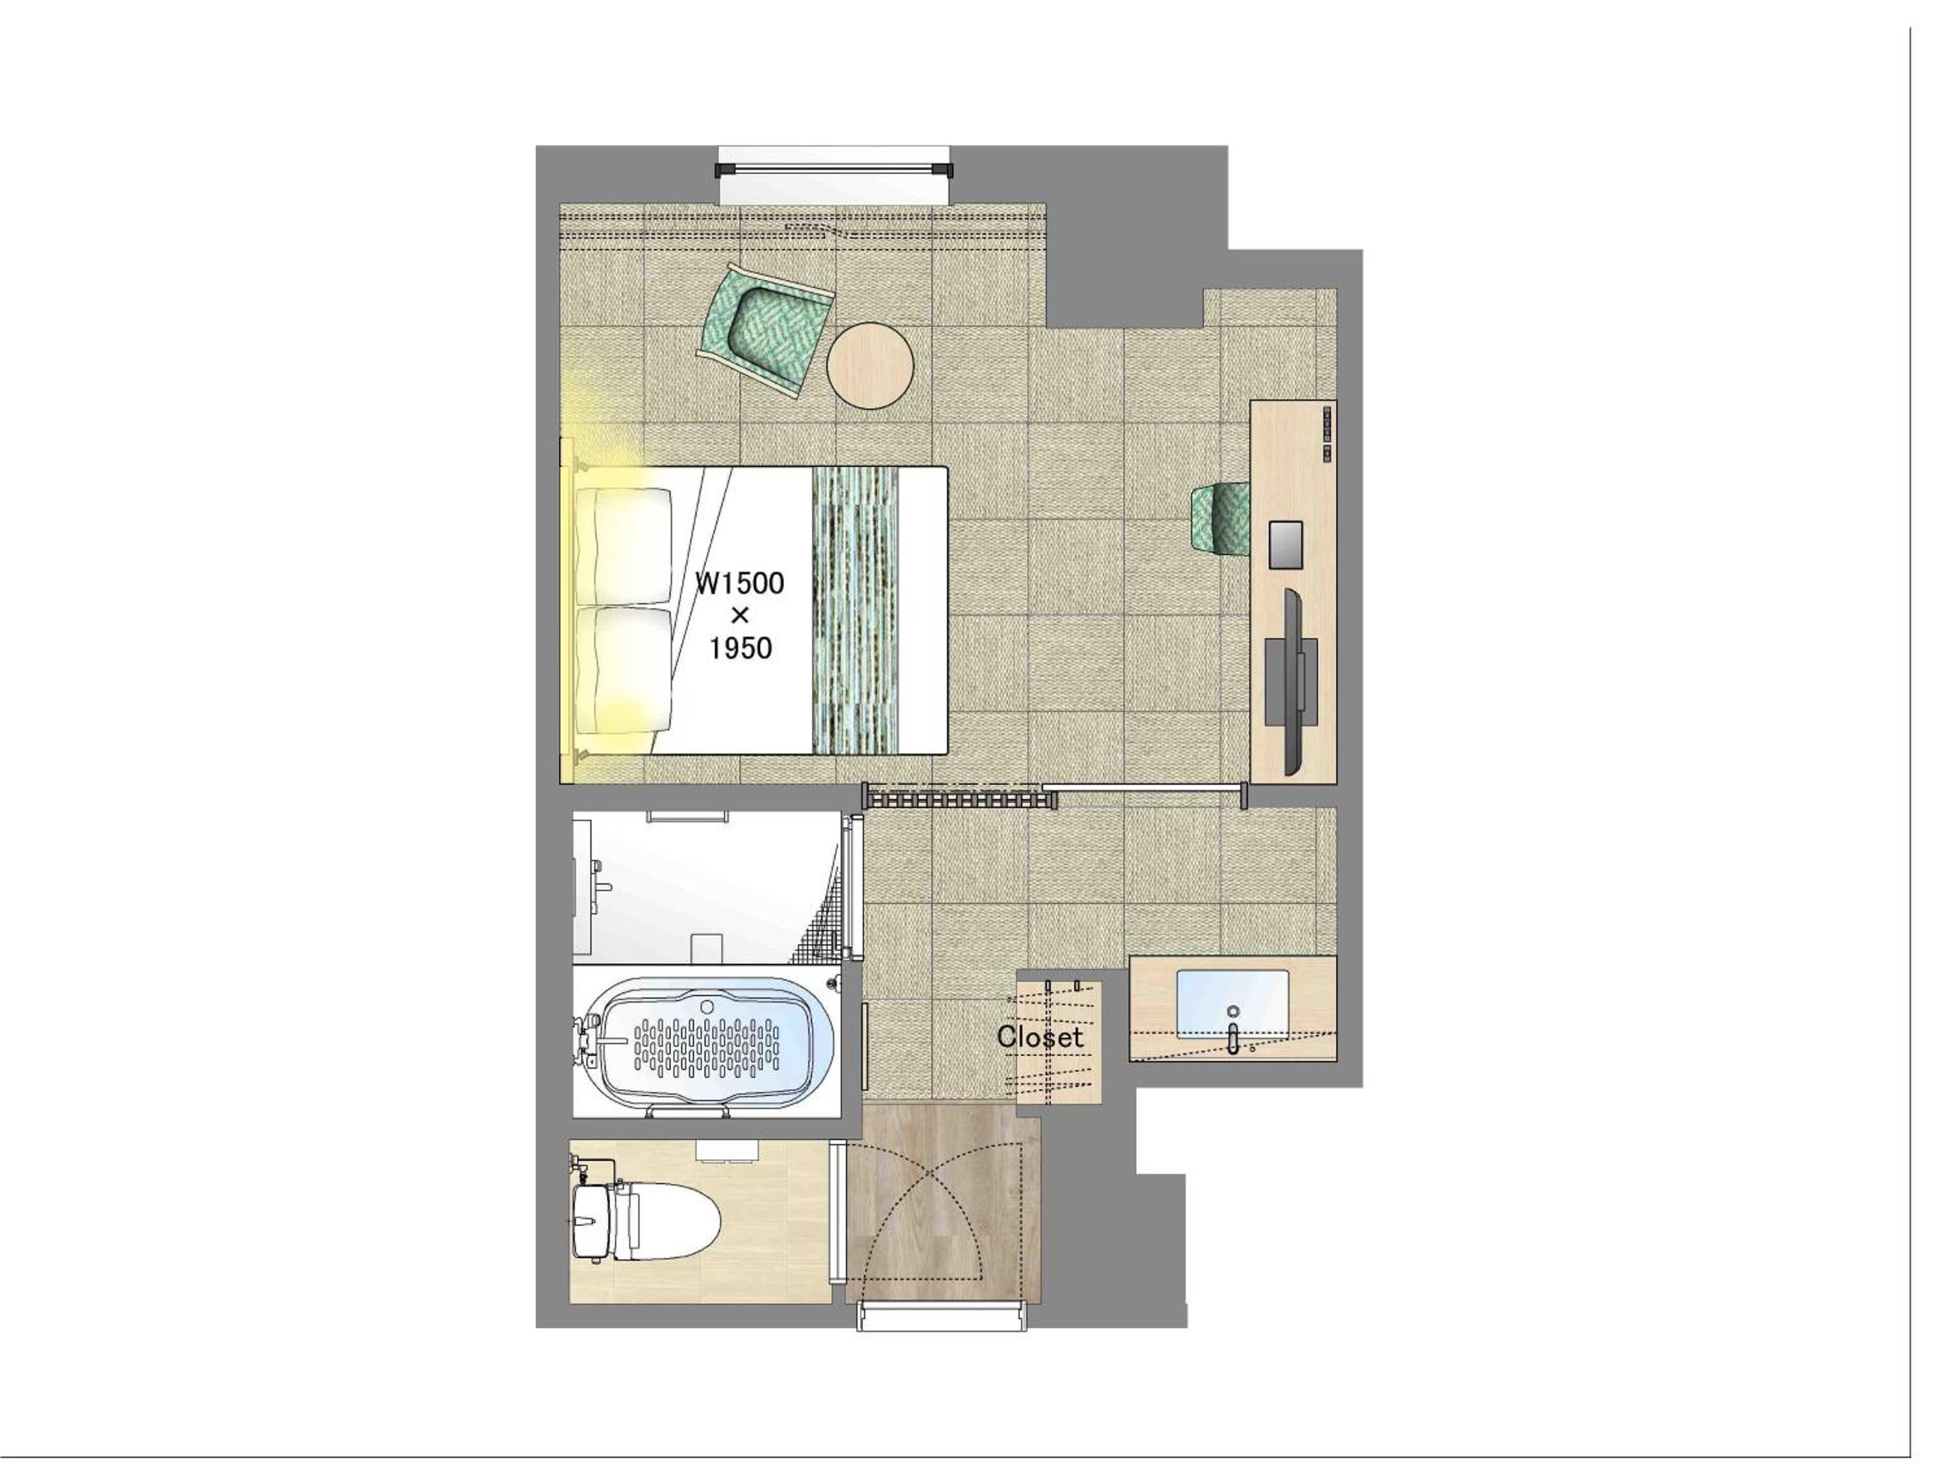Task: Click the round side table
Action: (x=870, y=365)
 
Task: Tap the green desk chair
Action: (x=1219, y=521)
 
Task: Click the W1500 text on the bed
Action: (x=739, y=583)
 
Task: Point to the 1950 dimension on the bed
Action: (x=741, y=648)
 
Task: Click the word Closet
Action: (x=1040, y=1037)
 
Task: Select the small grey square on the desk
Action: (x=1285, y=544)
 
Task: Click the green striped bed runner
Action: (x=855, y=610)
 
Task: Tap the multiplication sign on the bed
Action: (x=740, y=615)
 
